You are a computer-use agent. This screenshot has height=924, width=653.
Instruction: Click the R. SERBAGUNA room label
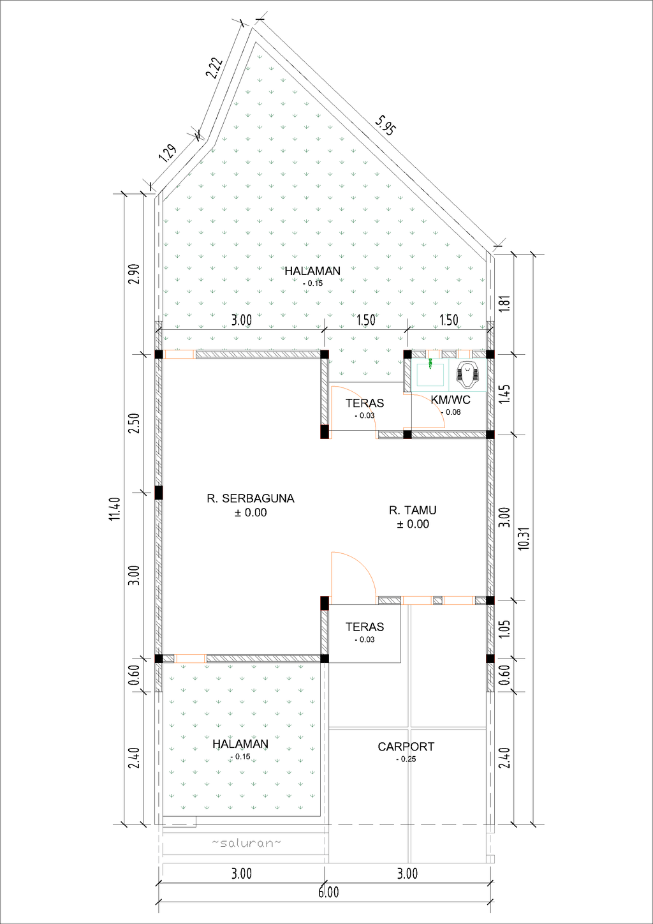(x=250, y=498)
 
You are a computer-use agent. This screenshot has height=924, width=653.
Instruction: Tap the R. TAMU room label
(x=413, y=510)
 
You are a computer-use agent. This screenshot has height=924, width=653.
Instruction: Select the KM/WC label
(x=450, y=400)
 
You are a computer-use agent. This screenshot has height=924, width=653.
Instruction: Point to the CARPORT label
(x=406, y=747)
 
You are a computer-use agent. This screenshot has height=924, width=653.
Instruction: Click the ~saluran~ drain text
(x=246, y=843)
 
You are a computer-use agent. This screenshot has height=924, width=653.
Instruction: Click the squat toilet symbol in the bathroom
(x=469, y=375)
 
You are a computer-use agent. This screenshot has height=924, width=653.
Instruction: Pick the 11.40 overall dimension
(x=115, y=509)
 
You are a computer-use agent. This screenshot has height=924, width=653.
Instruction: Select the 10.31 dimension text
(x=524, y=537)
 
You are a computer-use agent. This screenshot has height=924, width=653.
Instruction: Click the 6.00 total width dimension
(x=328, y=892)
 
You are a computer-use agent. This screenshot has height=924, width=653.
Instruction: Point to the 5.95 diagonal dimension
(x=386, y=125)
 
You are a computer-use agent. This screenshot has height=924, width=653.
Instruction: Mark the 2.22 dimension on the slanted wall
(x=214, y=68)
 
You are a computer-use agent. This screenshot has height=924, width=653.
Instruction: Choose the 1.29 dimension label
(x=167, y=153)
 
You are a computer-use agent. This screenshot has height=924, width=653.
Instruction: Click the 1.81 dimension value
(x=504, y=303)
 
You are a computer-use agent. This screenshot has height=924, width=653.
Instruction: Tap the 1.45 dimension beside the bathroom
(x=504, y=393)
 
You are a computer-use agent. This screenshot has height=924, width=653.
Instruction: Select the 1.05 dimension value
(x=504, y=629)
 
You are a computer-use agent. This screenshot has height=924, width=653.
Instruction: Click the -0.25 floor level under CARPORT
(x=406, y=759)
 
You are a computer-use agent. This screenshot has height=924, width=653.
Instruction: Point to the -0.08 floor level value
(x=451, y=412)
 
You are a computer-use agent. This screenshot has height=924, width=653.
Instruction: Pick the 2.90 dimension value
(x=134, y=274)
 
